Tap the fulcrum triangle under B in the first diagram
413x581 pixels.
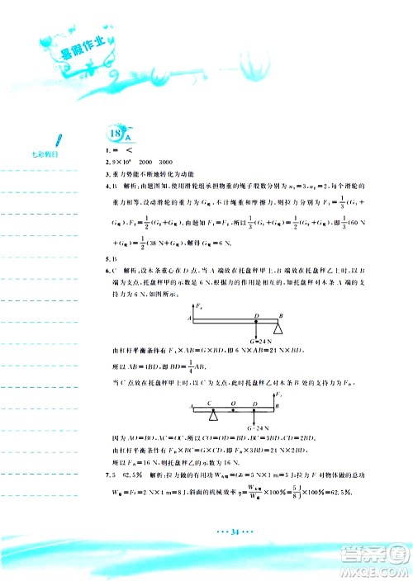tap(278, 328)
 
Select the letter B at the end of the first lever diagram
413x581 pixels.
tap(281, 315)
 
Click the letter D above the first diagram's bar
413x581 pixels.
tap(257, 315)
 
